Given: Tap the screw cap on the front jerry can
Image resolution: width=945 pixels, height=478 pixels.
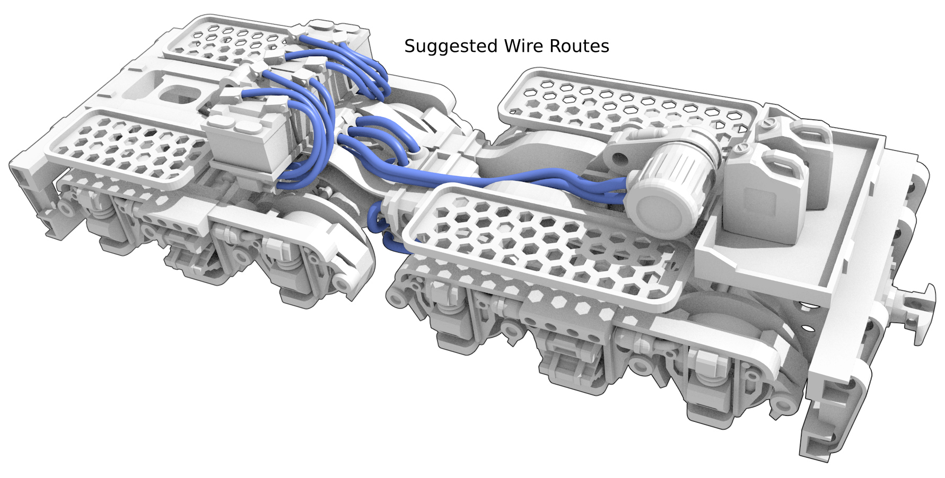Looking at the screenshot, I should tap(740, 151).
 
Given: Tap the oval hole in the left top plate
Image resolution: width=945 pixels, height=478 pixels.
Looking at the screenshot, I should tap(178, 95).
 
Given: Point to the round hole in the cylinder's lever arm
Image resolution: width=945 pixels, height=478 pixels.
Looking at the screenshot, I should tap(616, 157).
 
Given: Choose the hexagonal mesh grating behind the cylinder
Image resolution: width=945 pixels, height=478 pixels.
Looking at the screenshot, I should tap(626, 106).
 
